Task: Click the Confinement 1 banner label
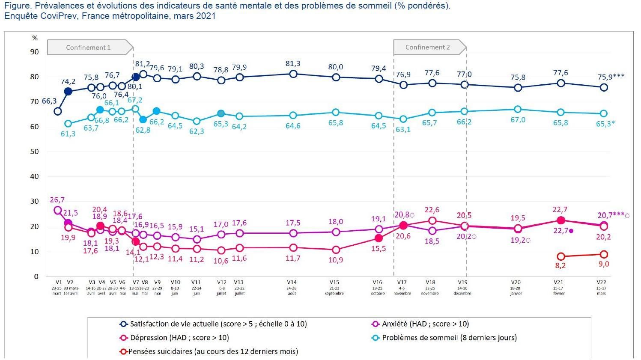coord(88,48)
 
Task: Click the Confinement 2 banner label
coord(427,48)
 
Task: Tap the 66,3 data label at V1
coord(49,101)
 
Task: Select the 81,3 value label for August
coord(293,64)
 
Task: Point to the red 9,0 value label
coord(604,264)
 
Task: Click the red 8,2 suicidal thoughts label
coord(561,265)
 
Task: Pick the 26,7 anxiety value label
coord(57,200)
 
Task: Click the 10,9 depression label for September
coord(336,260)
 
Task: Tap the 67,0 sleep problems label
coord(518,120)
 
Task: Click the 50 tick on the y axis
coord(34,152)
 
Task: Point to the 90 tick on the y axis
coord(34,52)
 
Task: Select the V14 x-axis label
coord(292,283)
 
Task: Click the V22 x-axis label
coord(602,283)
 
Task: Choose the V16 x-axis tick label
coord(377,283)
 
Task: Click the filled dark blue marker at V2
coord(68,91)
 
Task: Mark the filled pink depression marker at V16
coord(379,238)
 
